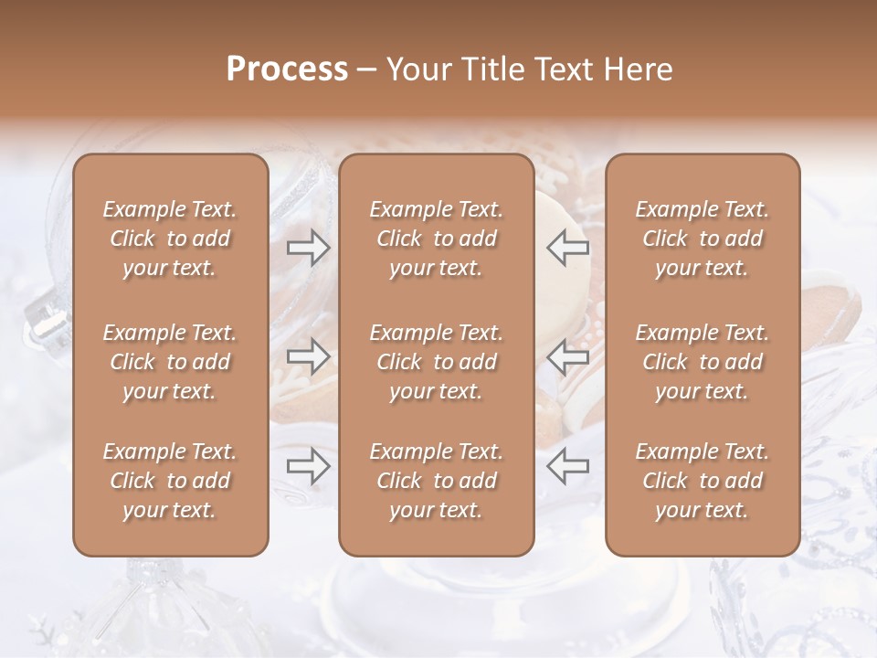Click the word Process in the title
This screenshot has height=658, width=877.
tap(287, 69)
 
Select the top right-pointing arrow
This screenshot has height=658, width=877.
tap(309, 247)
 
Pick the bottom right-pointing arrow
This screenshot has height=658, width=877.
tap(309, 467)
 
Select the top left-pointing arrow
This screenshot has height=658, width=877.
tap(567, 247)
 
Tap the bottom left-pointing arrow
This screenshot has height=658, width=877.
tap(567, 467)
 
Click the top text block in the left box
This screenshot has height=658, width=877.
tap(170, 239)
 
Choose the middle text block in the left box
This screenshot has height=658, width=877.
tap(170, 362)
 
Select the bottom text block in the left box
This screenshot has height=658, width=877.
tap(170, 481)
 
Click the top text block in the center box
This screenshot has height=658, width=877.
tap(437, 239)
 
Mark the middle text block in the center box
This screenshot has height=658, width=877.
tap(437, 362)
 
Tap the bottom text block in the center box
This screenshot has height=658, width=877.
tap(437, 481)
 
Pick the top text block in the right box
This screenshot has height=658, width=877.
tap(703, 239)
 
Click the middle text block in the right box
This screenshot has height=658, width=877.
tap(703, 362)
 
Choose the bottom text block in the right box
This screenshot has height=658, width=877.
tap(703, 481)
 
